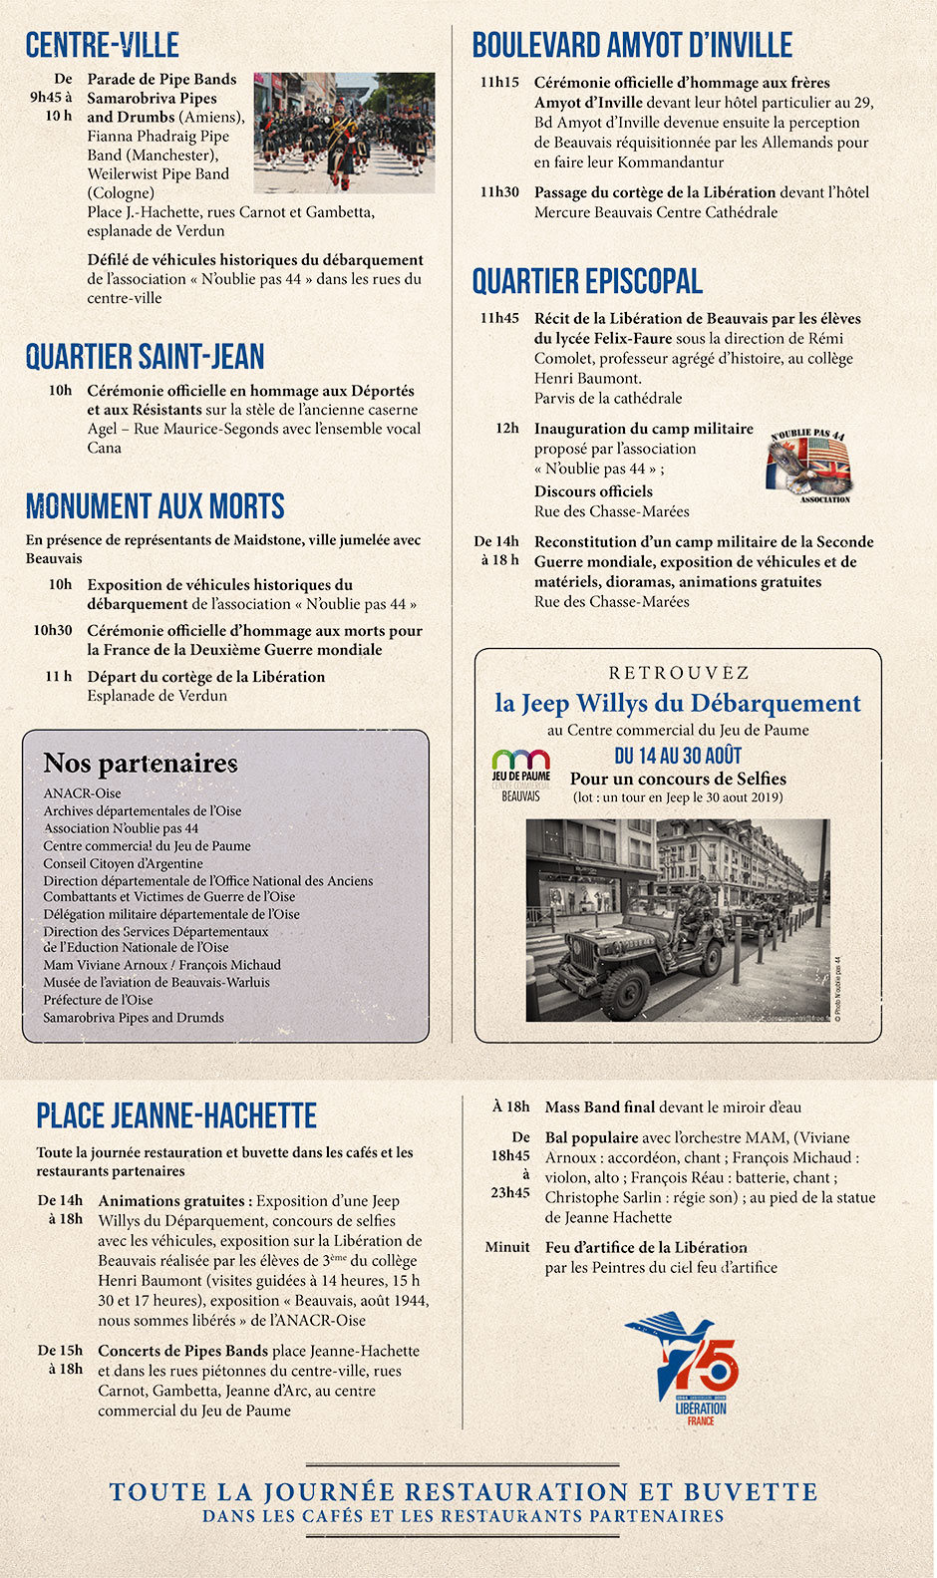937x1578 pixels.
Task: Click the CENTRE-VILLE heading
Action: click(103, 45)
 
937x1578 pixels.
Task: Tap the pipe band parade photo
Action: click(344, 133)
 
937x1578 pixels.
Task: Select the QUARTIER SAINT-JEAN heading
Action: click(146, 356)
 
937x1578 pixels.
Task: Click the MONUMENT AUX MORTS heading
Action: click(156, 506)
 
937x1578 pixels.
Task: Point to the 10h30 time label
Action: click(53, 631)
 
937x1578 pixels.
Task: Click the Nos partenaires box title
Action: click(141, 764)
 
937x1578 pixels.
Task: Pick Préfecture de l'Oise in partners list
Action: click(98, 1000)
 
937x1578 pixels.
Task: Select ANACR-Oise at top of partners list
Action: click(82, 793)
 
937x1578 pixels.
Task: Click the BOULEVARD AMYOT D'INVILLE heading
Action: click(632, 45)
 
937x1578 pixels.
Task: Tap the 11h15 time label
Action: click(499, 83)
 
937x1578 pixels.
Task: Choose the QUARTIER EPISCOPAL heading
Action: click(587, 281)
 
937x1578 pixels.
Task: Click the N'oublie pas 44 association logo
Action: click(808, 465)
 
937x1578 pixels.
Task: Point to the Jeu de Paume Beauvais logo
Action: click(520, 775)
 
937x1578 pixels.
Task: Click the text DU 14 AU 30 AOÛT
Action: click(678, 756)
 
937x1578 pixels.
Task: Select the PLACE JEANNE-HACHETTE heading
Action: click(176, 1115)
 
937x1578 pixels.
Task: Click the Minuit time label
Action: click(507, 1247)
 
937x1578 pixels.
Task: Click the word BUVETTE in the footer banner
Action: click(750, 1492)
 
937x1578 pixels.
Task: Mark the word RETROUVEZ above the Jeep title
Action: click(679, 673)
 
